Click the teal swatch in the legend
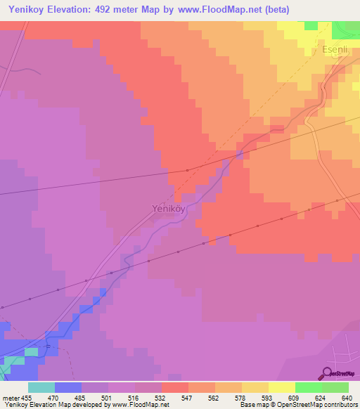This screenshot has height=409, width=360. pos(41,387)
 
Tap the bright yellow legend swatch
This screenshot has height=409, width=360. pos(281,387)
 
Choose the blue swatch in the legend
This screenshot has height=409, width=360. pos(67,387)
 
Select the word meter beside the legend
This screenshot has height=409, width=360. pos(11,397)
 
